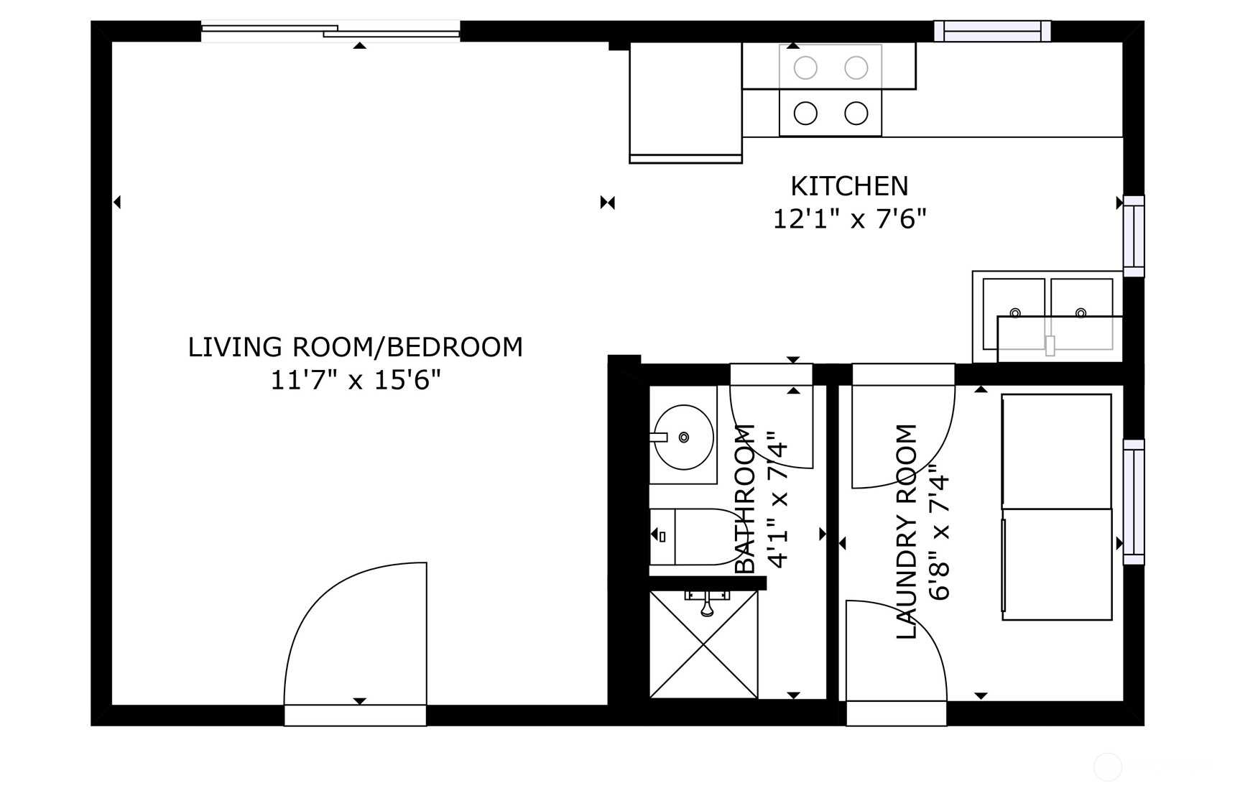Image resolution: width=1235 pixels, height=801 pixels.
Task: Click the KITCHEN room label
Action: pos(849,186)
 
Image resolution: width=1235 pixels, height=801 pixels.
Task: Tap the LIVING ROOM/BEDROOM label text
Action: pos(355,347)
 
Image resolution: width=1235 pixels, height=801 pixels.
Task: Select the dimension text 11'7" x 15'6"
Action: pos(355,379)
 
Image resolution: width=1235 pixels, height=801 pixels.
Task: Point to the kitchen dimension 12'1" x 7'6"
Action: pos(849,218)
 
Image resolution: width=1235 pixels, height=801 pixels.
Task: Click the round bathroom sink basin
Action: pos(683,437)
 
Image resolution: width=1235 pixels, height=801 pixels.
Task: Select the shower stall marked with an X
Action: pos(703,644)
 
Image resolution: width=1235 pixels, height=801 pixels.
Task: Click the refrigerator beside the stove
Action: pos(685,102)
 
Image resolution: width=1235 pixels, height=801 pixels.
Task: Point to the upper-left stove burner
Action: pos(805,68)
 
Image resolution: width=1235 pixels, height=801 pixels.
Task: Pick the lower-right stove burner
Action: pos(856,113)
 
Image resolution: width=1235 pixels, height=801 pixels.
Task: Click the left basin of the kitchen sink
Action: pos(1014,314)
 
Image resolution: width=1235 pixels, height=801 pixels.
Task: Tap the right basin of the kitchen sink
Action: pos(1081,314)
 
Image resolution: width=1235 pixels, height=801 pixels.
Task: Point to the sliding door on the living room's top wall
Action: pos(330,31)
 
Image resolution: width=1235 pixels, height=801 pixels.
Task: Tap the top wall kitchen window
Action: pos(992,31)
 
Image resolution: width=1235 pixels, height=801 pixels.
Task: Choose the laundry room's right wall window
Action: pos(1134,502)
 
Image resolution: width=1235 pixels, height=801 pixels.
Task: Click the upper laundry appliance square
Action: pos(1057,451)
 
